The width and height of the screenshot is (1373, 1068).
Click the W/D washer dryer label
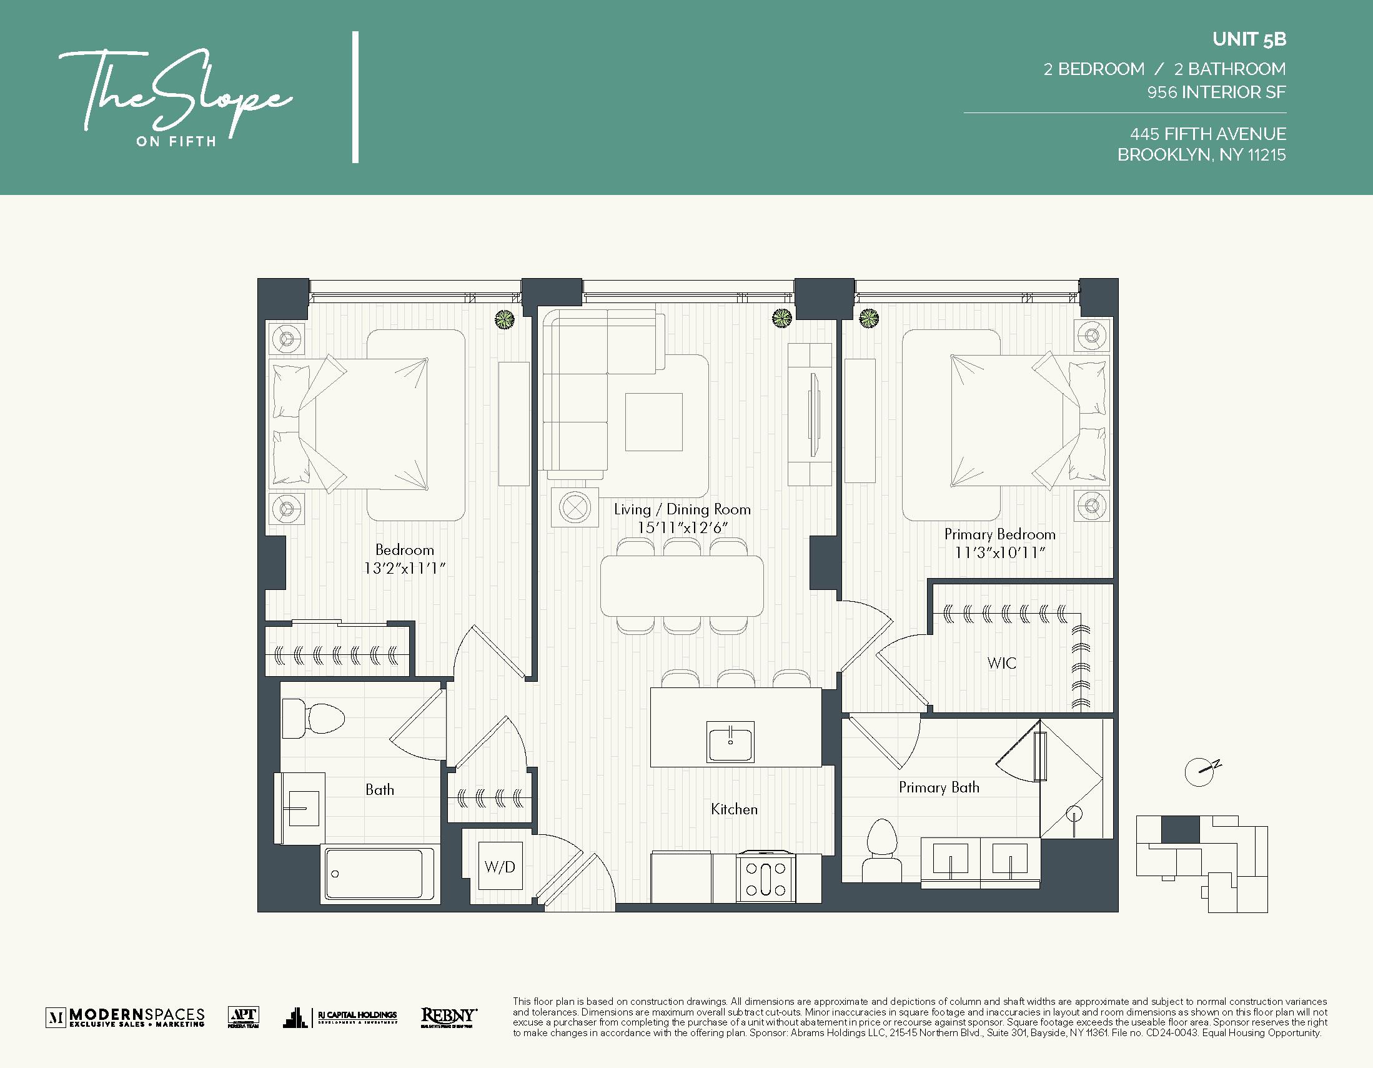(x=500, y=867)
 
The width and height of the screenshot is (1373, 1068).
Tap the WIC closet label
(x=1001, y=663)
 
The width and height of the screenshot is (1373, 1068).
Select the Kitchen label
(x=733, y=809)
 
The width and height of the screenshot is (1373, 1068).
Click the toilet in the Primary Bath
(x=882, y=849)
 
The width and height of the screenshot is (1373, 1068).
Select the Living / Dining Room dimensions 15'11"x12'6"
(x=682, y=527)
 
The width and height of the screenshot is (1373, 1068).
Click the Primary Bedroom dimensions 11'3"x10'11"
(x=999, y=553)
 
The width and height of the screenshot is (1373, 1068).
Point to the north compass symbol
(x=1201, y=771)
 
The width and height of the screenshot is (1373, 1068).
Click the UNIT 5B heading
(x=1249, y=39)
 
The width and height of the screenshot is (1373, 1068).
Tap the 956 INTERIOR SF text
(x=1216, y=92)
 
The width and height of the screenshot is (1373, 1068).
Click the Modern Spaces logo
(x=126, y=1017)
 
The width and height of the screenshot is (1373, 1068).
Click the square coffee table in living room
(x=653, y=422)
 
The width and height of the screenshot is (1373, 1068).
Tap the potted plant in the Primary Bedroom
(x=869, y=319)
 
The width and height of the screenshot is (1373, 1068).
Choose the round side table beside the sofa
(x=575, y=506)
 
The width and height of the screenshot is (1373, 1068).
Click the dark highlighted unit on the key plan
(x=1180, y=829)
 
